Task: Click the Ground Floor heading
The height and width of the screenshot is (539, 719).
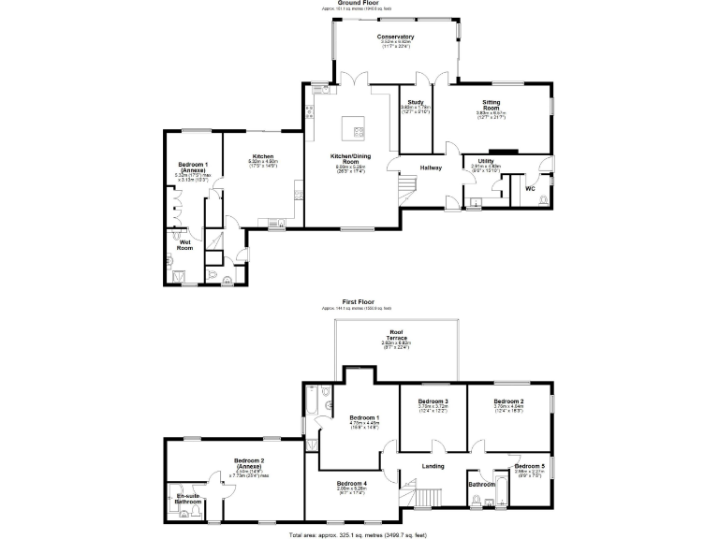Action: click(x=358, y=4)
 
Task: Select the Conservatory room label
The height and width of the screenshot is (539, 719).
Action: click(x=397, y=37)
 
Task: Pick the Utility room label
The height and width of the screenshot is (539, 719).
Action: click(x=486, y=161)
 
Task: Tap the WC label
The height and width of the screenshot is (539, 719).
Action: click(x=530, y=188)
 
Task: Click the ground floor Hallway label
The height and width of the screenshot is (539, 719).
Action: click(x=431, y=168)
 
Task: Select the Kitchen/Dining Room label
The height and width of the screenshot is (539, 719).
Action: click(x=352, y=156)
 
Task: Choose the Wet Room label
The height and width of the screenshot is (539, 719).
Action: click(x=185, y=245)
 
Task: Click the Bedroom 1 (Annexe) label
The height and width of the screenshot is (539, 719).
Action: click(x=193, y=168)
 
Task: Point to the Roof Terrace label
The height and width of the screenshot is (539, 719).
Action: click(x=397, y=335)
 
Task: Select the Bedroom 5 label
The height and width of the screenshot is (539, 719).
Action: click(x=529, y=465)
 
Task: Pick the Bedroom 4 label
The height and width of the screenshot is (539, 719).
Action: click(x=352, y=483)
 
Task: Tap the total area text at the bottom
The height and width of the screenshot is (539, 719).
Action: click(x=358, y=533)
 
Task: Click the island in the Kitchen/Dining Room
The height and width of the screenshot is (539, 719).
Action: click(x=352, y=124)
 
